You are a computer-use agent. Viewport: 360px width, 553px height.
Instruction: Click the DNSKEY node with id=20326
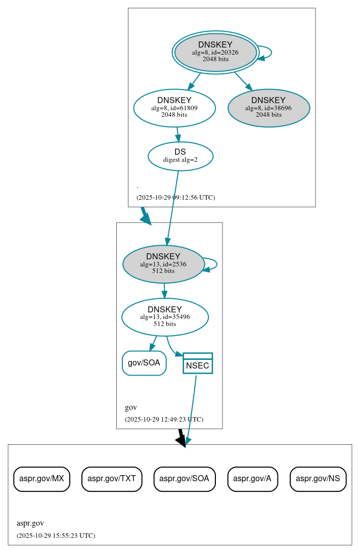click(215, 52)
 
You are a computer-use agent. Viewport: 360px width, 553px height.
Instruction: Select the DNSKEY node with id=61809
click(174, 108)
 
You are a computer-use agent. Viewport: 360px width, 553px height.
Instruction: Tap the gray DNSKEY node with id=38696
click(268, 108)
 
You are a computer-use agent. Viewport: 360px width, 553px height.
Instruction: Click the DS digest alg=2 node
click(180, 156)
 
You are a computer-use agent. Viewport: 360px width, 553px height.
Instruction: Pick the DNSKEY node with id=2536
click(163, 264)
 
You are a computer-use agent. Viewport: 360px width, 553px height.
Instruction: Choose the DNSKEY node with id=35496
click(165, 317)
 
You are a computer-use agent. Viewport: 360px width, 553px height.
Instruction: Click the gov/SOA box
click(144, 363)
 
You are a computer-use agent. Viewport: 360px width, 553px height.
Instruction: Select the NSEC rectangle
click(197, 363)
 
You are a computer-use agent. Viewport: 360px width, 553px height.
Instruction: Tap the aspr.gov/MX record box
click(41, 479)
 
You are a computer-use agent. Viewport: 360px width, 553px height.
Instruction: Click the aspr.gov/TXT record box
click(112, 479)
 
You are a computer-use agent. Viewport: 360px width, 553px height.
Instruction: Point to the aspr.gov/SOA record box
click(185, 479)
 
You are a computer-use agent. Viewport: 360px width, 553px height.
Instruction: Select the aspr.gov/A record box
click(252, 479)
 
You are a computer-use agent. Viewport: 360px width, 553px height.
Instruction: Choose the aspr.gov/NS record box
click(318, 479)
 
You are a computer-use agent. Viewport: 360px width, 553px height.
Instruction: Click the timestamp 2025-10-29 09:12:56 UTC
click(175, 198)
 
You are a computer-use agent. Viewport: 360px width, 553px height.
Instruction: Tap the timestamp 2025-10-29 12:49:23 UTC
click(164, 420)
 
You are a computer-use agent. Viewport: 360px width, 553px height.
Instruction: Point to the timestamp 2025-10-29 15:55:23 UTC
click(56, 536)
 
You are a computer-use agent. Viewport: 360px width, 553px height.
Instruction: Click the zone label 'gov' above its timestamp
click(130, 407)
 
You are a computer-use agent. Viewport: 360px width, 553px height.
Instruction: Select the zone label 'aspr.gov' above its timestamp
click(30, 524)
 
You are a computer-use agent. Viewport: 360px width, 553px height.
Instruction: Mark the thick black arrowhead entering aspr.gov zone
click(181, 441)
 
